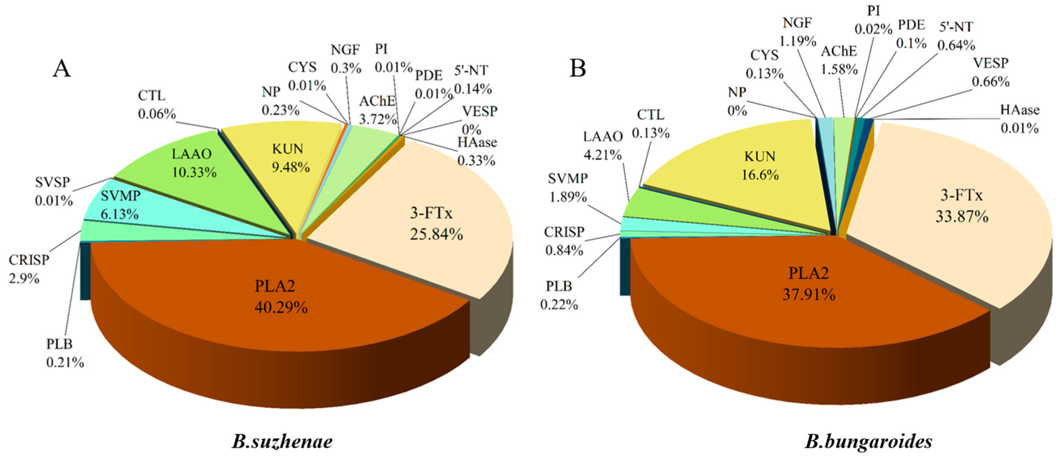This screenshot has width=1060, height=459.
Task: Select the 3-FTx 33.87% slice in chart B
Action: (x=961, y=206)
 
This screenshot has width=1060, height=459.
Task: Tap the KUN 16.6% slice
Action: (x=760, y=165)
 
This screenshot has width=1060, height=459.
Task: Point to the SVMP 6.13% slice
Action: (x=120, y=205)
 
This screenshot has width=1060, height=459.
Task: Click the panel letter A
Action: (x=62, y=68)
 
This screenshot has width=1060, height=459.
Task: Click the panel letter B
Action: (x=577, y=68)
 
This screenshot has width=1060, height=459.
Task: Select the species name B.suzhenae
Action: (x=282, y=442)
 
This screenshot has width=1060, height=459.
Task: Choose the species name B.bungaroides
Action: (x=868, y=442)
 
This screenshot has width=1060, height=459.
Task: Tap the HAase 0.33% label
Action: (x=477, y=151)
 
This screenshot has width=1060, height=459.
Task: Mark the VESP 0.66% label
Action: (x=991, y=72)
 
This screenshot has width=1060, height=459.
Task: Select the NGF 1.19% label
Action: (x=797, y=32)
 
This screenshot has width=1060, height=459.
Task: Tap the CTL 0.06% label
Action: (x=156, y=105)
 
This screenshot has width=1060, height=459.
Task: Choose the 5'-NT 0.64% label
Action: (x=956, y=36)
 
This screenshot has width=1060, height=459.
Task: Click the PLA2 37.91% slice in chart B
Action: (x=809, y=284)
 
